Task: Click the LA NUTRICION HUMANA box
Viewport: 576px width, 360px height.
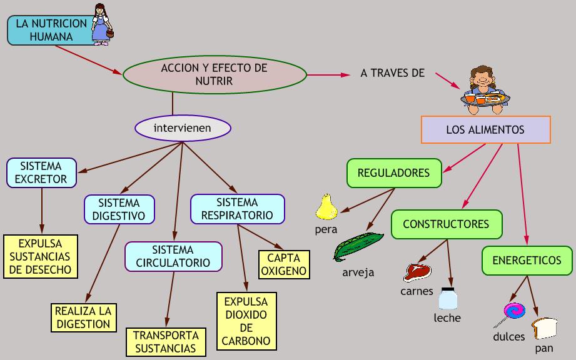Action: click(x=51, y=30)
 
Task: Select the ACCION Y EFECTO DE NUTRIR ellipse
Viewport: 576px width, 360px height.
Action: click(x=215, y=74)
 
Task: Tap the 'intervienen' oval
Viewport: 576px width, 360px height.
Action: click(x=183, y=128)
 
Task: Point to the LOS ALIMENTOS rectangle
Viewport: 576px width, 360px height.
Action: click(x=486, y=129)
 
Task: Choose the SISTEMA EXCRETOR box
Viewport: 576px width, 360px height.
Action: click(x=41, y=173)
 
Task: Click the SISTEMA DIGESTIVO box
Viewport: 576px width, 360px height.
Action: click(x=119, y=209)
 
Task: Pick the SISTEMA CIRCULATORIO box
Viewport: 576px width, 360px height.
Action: click(x=173, y=256)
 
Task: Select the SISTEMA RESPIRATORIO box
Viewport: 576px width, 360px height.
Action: click(x=237, y=209)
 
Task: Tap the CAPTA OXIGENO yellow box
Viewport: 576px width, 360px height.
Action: click(x=284, y=264)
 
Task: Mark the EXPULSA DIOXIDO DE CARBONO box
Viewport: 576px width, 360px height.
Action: click(x=246, y=321)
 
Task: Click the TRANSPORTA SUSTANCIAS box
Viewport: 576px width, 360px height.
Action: click(x=166, y=342)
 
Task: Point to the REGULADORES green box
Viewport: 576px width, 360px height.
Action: click(x=394, y=173)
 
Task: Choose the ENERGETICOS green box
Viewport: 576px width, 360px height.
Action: click(x=527, y=261)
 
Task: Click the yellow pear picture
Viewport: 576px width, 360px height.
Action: click(x=326, y=207)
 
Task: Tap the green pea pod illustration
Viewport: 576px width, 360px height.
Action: click(x=358, y=247)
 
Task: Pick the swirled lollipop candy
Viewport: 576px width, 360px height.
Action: click(x=510, y=314)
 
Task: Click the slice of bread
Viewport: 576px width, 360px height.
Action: click(x=545, y=328)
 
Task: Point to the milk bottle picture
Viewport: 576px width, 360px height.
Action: click(x=448, y=298)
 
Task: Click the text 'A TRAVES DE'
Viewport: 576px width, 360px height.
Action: click(x=392, y=73)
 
